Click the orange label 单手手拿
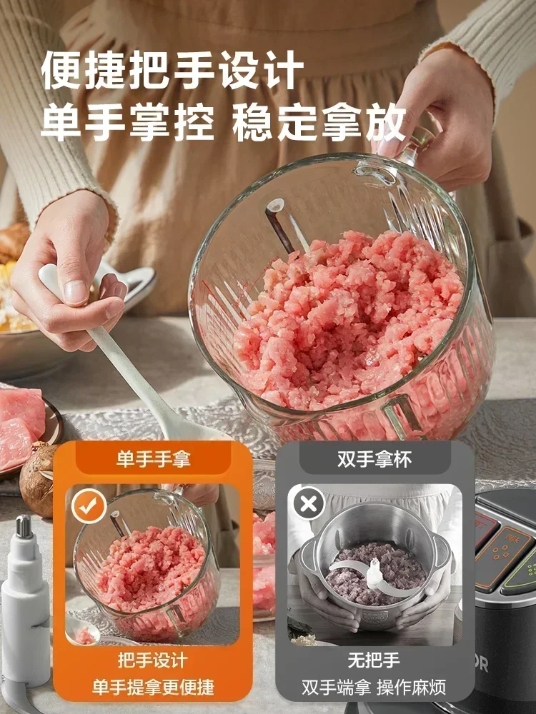point(154,458)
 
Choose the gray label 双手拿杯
point(374,458)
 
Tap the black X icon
point(309,505)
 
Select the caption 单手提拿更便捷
point(154,687)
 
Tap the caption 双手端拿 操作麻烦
point(374,687)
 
